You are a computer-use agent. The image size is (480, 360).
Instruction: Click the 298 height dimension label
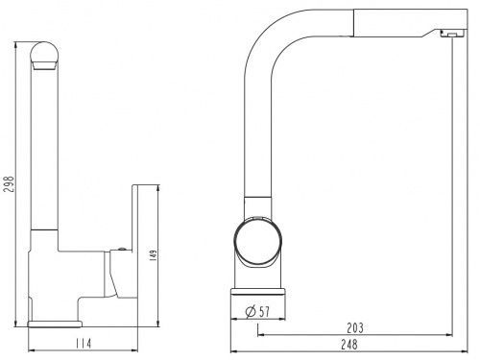9,183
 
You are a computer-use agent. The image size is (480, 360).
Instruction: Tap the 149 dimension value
154,255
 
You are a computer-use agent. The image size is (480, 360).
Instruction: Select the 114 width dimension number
84,344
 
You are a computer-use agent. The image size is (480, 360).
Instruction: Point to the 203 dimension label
355,327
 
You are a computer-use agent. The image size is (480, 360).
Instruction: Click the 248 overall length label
349,345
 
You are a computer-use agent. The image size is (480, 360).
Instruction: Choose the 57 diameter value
264,312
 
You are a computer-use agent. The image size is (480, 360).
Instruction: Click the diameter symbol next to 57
251,311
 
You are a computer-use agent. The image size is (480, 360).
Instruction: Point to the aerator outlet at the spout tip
452,35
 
